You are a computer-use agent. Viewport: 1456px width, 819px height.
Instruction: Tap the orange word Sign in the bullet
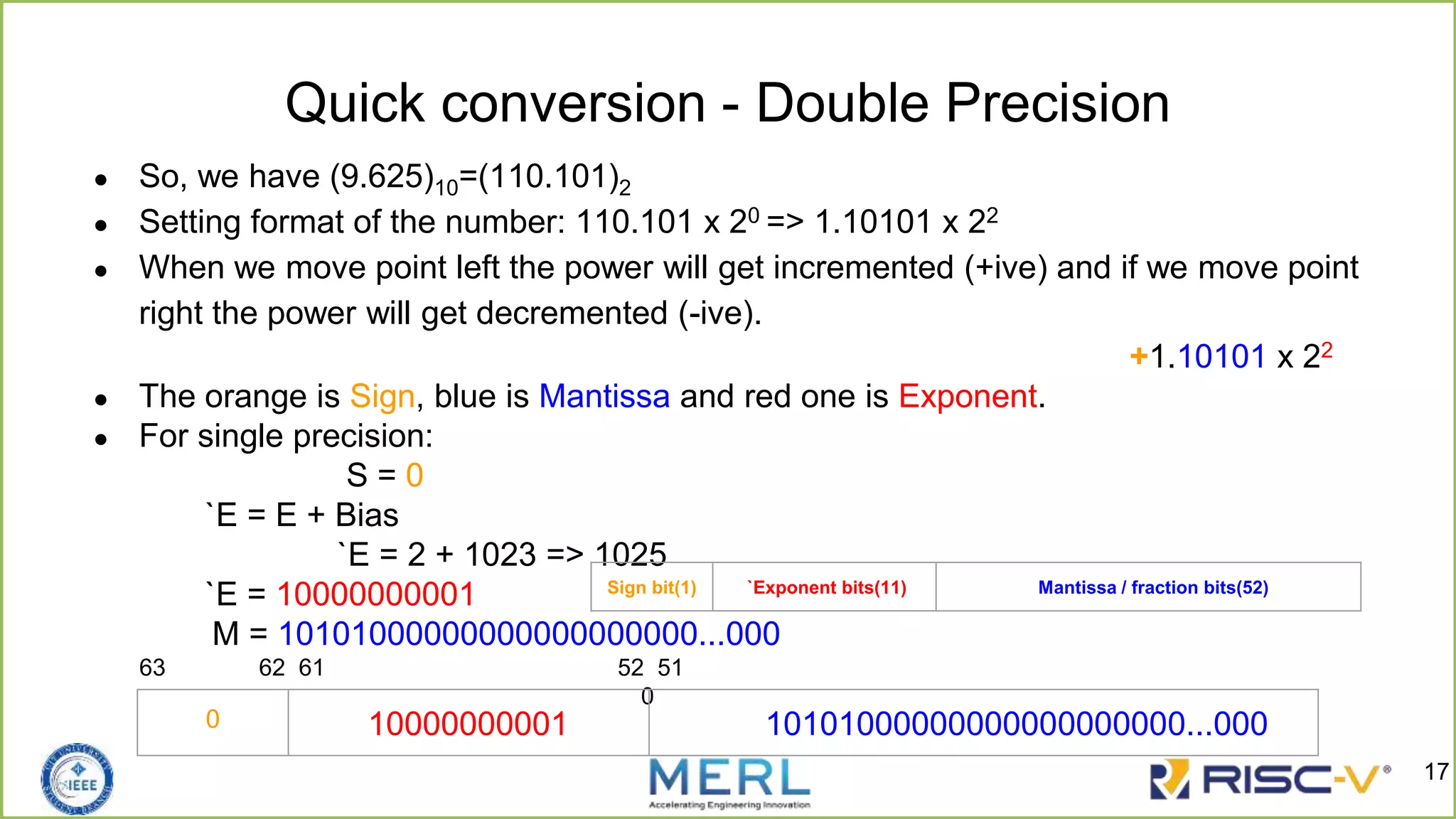[382, 397]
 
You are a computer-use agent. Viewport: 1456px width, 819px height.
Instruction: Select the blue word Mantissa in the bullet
[604, 396]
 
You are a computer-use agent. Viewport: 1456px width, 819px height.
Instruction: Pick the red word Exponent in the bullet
[968, 396]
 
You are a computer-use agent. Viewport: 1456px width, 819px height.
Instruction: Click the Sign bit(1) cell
[651, 587]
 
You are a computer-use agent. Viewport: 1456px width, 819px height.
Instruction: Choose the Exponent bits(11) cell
[825, 587]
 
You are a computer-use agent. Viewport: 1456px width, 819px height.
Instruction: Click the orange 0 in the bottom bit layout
[213, 719]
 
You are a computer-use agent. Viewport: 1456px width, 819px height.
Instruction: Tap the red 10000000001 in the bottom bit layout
[468, 724]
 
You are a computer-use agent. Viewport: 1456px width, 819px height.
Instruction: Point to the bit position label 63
[152, 668]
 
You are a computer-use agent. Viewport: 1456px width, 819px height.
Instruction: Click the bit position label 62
[271, 668]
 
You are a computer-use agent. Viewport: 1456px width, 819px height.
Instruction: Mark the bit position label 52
[630, 668]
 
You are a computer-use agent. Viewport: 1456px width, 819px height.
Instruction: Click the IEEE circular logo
[77, 779]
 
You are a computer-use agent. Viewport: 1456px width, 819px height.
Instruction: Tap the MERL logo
[729, 781]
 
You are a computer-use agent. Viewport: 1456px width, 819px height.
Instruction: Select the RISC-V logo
[1269, 780]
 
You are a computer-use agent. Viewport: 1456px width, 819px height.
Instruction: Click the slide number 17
[1436, 771]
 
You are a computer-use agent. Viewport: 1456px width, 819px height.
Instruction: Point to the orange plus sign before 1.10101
[1139, 355]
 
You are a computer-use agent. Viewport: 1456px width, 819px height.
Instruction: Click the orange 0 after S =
[414, 475]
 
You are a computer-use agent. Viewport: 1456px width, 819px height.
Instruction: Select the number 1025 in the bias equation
[631, 553]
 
